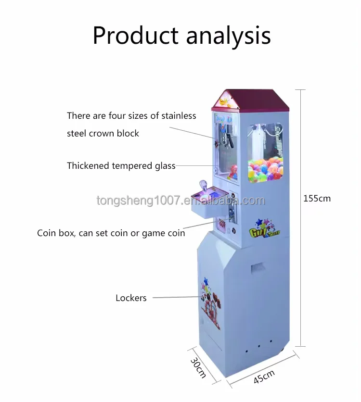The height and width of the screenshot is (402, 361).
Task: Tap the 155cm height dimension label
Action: tap(317, 198)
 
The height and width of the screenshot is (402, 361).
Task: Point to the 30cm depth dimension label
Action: tap(198, 367)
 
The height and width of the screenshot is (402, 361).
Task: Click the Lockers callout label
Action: tap(131, 298)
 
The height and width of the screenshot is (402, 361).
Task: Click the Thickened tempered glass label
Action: tap(121, 166)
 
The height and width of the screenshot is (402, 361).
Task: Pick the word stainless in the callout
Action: tap(178, 115)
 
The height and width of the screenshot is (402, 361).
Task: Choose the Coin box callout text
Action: tap(111, 233)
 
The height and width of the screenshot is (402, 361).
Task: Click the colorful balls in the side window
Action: tap(266, 170)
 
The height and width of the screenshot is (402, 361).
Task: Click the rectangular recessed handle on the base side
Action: tap(258, 266)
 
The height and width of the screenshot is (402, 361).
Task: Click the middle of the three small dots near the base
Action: tap(259, 345)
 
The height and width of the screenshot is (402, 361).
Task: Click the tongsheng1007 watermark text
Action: tap(180, 200)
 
